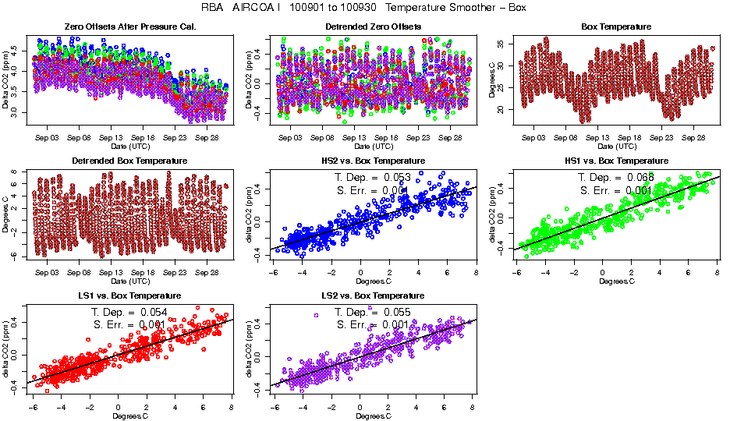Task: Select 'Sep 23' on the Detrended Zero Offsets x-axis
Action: point(418,136)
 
